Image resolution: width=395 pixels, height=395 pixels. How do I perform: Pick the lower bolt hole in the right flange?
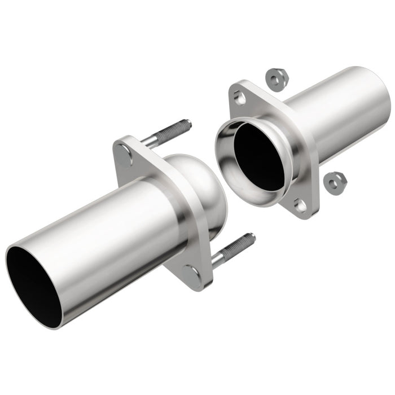(301, 205)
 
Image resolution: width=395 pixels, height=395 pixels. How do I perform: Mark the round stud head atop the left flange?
(124, 151)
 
